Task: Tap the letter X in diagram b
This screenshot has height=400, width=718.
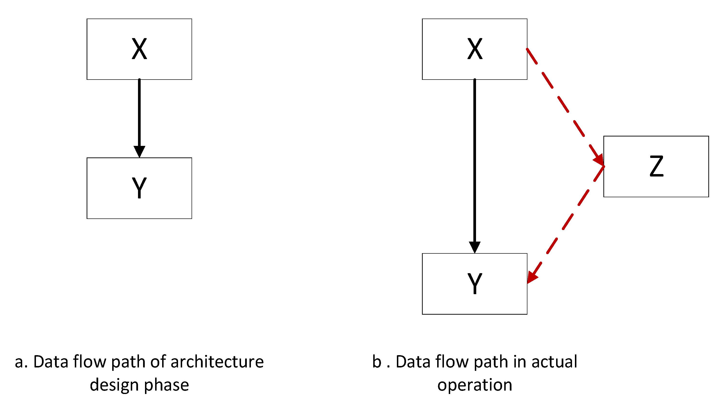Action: tap(475, 49)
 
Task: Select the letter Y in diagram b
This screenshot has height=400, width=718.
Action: tap(475, 283)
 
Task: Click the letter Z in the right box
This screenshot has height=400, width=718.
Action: tap(656, 166)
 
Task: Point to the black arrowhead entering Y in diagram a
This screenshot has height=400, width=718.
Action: tap(139, 151)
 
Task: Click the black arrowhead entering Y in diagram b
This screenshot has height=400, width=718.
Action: tap(475, 247)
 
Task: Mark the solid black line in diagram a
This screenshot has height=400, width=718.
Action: tap(139, 111)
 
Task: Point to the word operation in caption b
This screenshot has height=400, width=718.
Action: tap(475, 386)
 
